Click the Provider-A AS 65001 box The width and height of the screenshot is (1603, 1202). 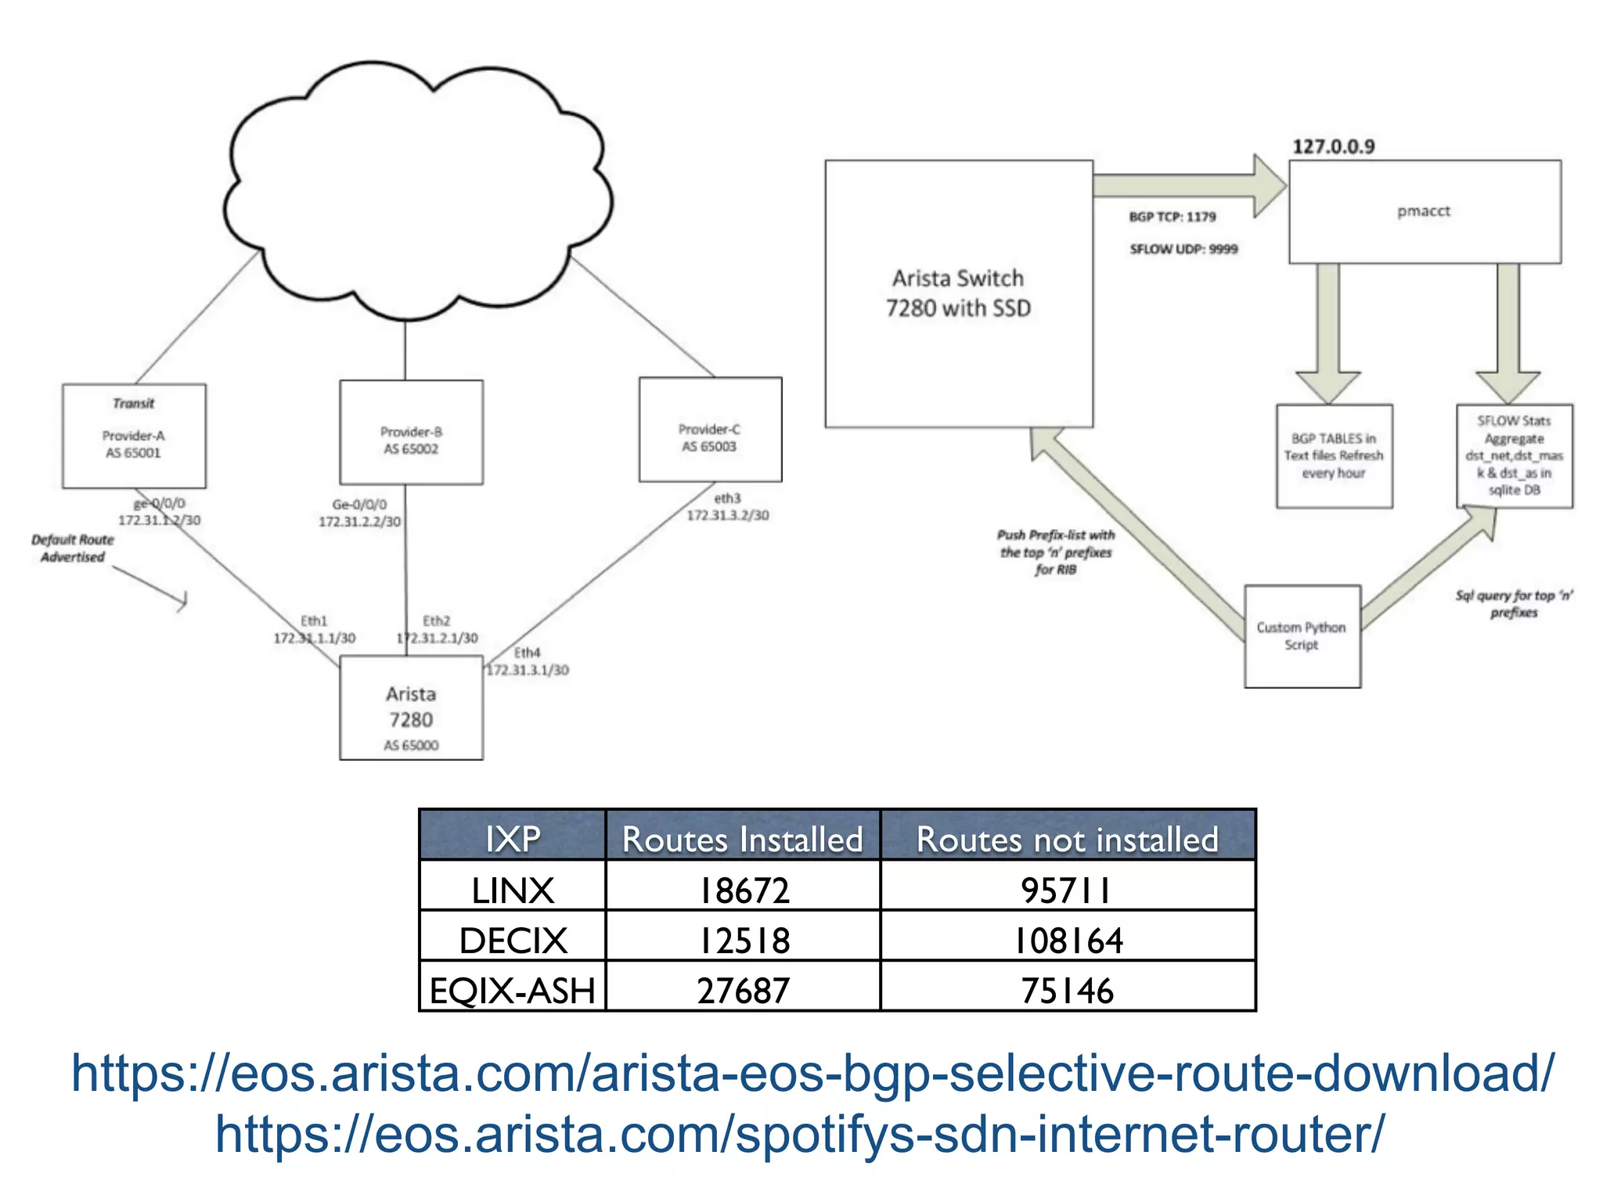point(134,436)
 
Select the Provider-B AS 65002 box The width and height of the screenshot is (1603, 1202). point(411,433)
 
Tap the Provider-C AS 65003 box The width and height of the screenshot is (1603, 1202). point(710,430)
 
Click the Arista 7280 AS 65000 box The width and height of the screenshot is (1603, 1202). point(411,708)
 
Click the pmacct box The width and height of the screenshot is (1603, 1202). point(1425,211)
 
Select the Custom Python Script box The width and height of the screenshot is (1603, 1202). point(1302,636)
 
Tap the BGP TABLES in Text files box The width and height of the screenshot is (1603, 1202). point(1334,456)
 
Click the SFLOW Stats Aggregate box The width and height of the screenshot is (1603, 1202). point(1514,456)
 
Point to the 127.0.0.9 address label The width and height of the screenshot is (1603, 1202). point(1333,146)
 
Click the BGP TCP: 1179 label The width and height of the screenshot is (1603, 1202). point(1172,217)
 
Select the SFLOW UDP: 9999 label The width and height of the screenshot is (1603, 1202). point(1183,249)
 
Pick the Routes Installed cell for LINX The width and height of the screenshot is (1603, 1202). point(743,890)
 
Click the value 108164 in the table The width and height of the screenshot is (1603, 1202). point(1068,940)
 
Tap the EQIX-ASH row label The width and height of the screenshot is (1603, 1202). point(513,991)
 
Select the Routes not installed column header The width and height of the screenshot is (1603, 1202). point(1068,839)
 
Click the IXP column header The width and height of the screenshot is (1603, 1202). point(513,839)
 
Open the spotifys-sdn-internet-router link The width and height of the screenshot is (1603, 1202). point(800,1135)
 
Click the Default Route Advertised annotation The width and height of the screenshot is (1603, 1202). point(73,549)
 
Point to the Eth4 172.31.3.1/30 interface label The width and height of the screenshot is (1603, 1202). point(528,661)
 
